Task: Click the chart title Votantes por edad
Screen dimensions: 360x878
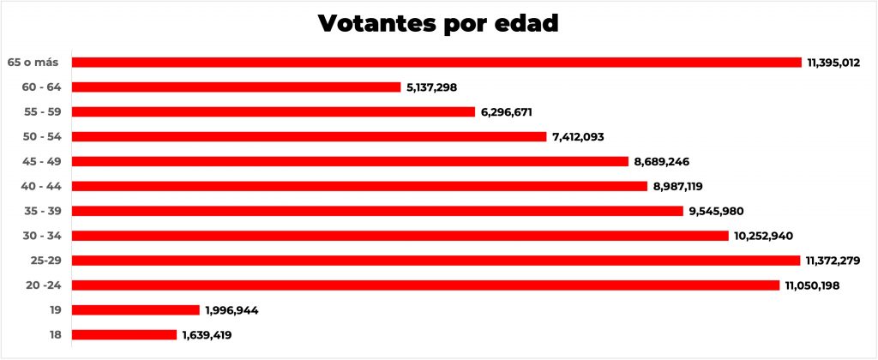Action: (438, 23)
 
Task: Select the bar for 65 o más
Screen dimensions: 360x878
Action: (436, 62)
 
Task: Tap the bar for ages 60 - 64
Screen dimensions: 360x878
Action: (237, 87)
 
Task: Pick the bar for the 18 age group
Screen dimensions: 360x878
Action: (124, 334)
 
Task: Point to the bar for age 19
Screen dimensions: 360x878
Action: (135, 309)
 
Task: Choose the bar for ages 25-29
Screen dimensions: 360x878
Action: (436, 260)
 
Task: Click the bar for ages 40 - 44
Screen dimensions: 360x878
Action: (359, 186)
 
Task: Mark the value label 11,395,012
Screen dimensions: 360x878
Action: (833, 63)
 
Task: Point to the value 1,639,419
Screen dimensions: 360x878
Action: (207, 335)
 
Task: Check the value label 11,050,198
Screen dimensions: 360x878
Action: (812, 285)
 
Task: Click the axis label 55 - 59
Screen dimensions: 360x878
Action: (41, 111)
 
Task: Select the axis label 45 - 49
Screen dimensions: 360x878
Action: (41, 161)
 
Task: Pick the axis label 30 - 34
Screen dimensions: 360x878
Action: (41, 236)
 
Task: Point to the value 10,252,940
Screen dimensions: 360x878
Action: (765, 236)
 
